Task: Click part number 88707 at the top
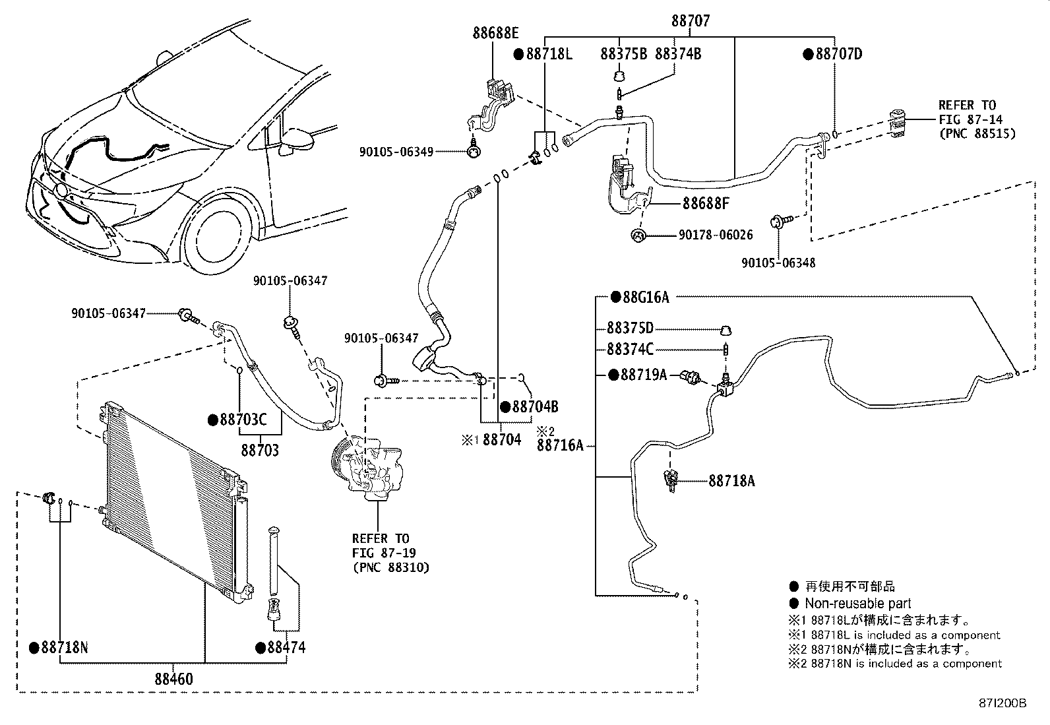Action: [x=691, y=20]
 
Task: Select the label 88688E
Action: [x=495, y=33]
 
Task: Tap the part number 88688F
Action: [x=706, y=204]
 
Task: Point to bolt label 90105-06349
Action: [x=396, y=152]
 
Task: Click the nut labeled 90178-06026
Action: [x=638, y=236]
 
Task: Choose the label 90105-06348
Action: [x=778, y=263]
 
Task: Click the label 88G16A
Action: [x=646, y=298]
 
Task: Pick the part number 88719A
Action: [x=643, y=375]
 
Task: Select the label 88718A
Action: [x=731, y=481]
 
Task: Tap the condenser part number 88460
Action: [x=174, y=679]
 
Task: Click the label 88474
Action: [x=286, y=648]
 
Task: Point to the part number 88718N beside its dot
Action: [x=64, y=648]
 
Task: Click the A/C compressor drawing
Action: [x=367, y=468]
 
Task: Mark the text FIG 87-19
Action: [x=384, y=553]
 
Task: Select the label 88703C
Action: [x=243, y=420]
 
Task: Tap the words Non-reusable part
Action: [x=858, y=603]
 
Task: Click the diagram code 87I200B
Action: [x=1003, y=703]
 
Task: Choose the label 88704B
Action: [x=535, y=406]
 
